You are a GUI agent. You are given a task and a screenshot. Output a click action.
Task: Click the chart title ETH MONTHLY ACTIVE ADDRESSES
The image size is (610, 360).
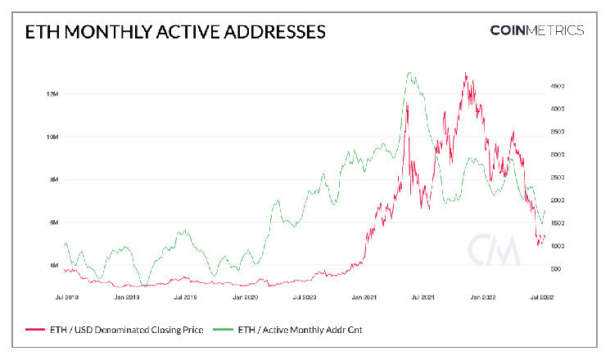176,32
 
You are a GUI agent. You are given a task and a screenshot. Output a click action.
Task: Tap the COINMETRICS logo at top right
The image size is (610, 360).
536,30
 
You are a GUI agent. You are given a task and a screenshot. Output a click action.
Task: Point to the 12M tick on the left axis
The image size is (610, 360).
52,94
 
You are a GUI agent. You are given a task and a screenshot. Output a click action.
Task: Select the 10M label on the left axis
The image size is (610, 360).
52,137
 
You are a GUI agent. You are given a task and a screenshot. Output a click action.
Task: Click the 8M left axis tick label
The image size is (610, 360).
52,179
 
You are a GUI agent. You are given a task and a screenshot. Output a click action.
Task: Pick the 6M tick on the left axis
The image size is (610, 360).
52,223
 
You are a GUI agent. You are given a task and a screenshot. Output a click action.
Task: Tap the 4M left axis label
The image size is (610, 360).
52,265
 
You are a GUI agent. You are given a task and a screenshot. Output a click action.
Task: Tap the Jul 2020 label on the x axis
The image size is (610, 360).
305,298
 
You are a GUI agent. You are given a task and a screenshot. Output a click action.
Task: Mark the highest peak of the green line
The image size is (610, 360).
409,73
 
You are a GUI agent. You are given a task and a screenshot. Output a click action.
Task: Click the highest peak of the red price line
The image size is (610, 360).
466,74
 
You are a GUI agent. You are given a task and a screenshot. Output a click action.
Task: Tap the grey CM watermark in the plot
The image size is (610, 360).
494,250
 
